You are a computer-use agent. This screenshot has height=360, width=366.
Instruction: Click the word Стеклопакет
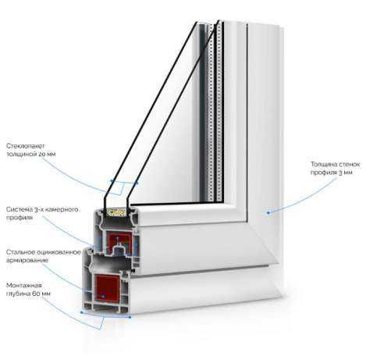26,146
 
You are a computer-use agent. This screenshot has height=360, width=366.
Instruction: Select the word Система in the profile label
20,209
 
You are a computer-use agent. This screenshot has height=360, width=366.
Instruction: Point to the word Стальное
20,252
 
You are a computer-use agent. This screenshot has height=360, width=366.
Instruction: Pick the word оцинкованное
59,252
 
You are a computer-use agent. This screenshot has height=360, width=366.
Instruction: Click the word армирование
27,260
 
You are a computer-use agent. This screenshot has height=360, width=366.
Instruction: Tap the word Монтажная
24,285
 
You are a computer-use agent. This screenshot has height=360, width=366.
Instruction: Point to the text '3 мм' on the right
346,173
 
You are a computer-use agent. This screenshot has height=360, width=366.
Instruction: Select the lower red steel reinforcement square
107,287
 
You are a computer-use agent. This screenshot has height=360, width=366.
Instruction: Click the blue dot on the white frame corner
268,212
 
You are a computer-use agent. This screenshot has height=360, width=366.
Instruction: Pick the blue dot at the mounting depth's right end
130,317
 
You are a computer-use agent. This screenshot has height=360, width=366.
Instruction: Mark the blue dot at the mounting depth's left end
81,312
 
